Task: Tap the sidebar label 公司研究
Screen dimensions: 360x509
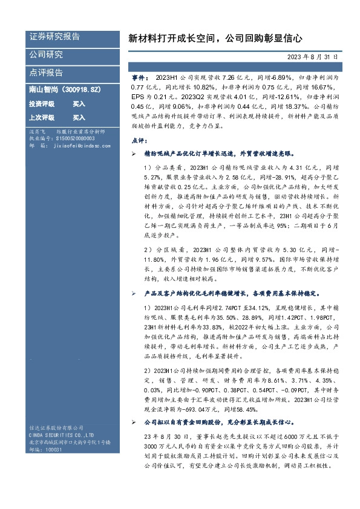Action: pyautogui.click(x=46, y=54)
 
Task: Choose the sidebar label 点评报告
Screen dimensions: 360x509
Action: pyautogui.click(x=46, y=72)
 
